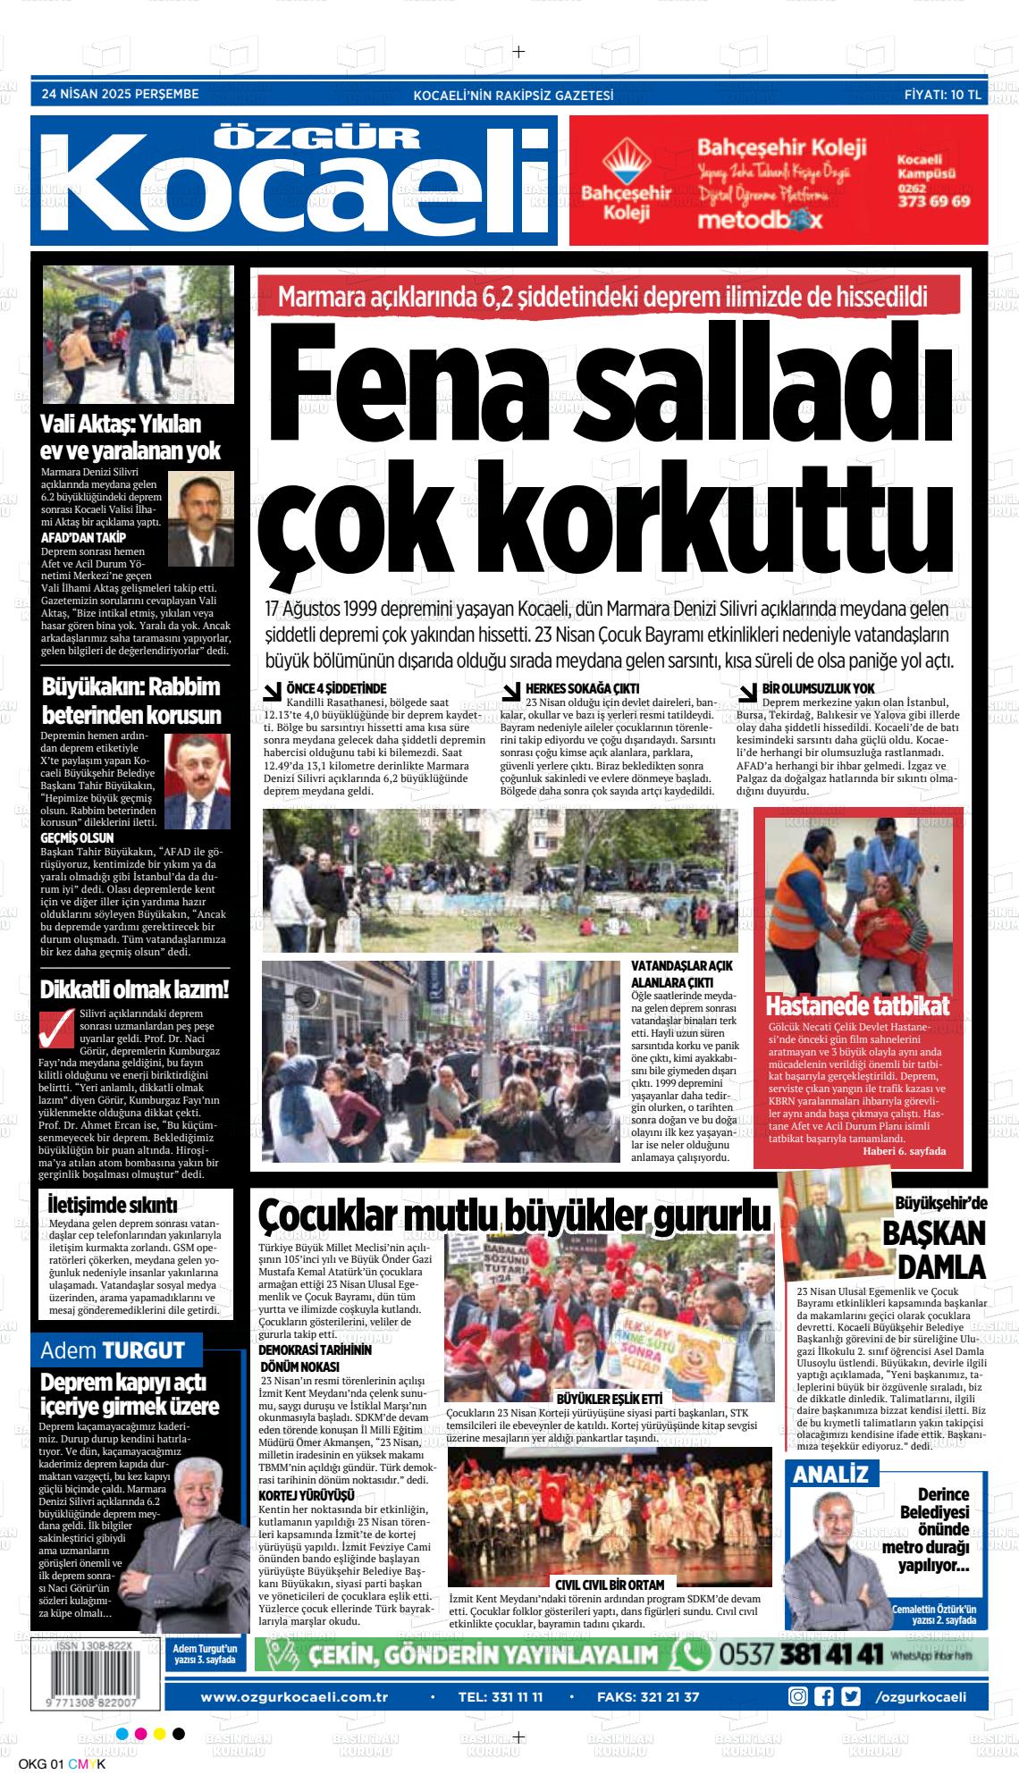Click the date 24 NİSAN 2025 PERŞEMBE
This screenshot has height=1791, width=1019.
(121, 93)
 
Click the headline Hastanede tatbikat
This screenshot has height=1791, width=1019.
(857, 1005)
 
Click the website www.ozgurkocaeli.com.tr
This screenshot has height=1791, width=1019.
(294, 1671)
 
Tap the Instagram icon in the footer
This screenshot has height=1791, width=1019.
(797, 1671)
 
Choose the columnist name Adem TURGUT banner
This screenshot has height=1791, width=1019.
(114, 1350)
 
